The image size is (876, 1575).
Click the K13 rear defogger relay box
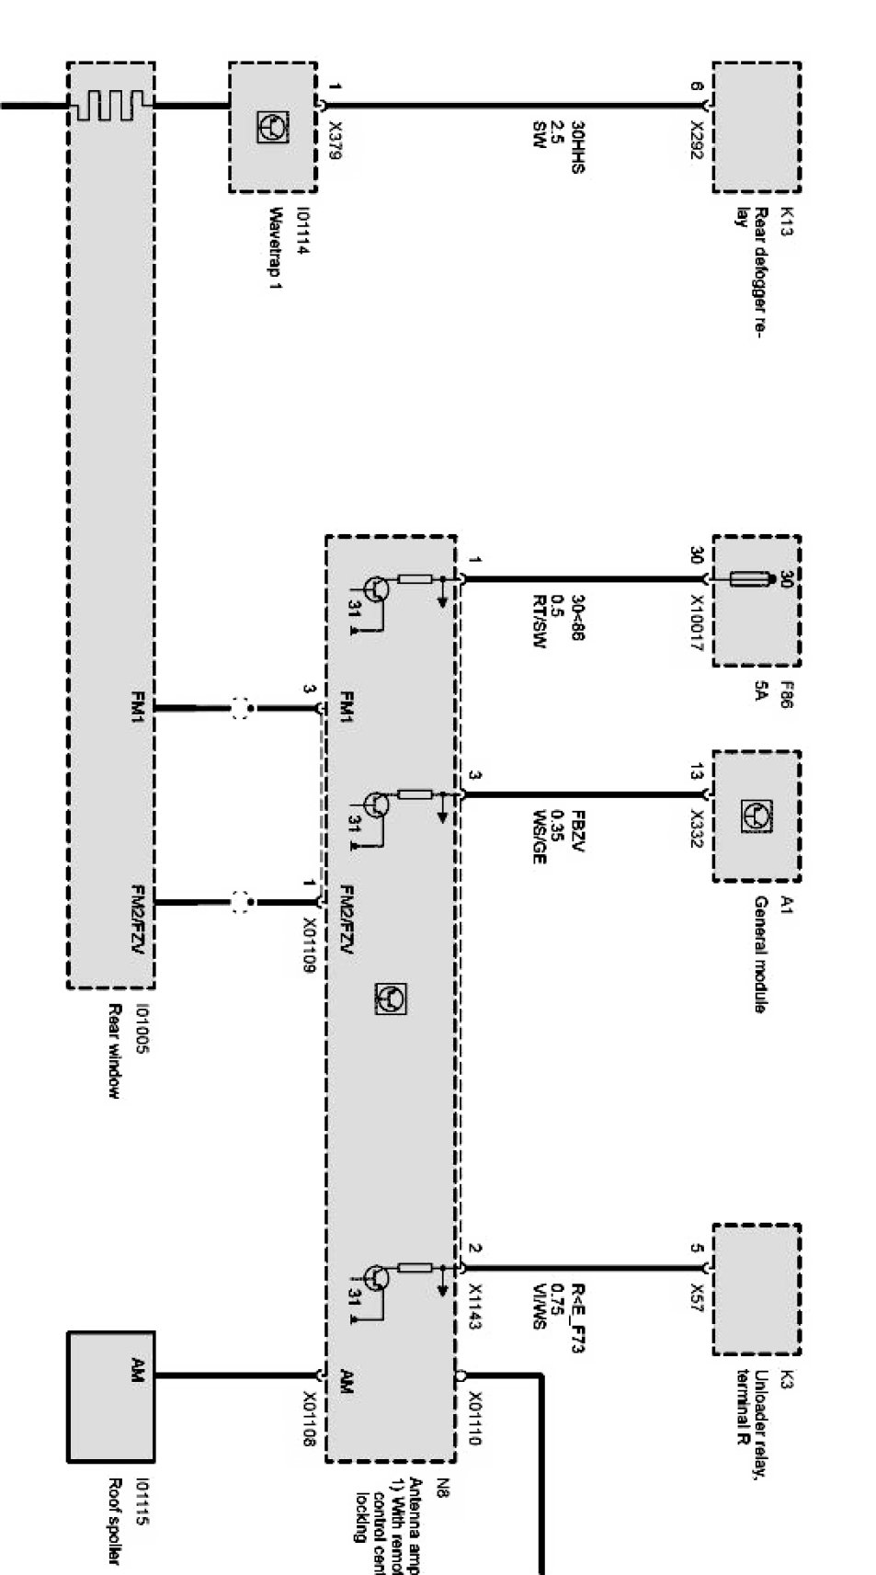coord(756,127)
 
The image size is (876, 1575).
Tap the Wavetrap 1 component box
coord(272,127)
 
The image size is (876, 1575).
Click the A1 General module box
coord(756,816)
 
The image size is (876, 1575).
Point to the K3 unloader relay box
coord(756,1288)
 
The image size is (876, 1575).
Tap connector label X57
coord(696,1296)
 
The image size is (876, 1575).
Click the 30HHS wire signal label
coord(577,146)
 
